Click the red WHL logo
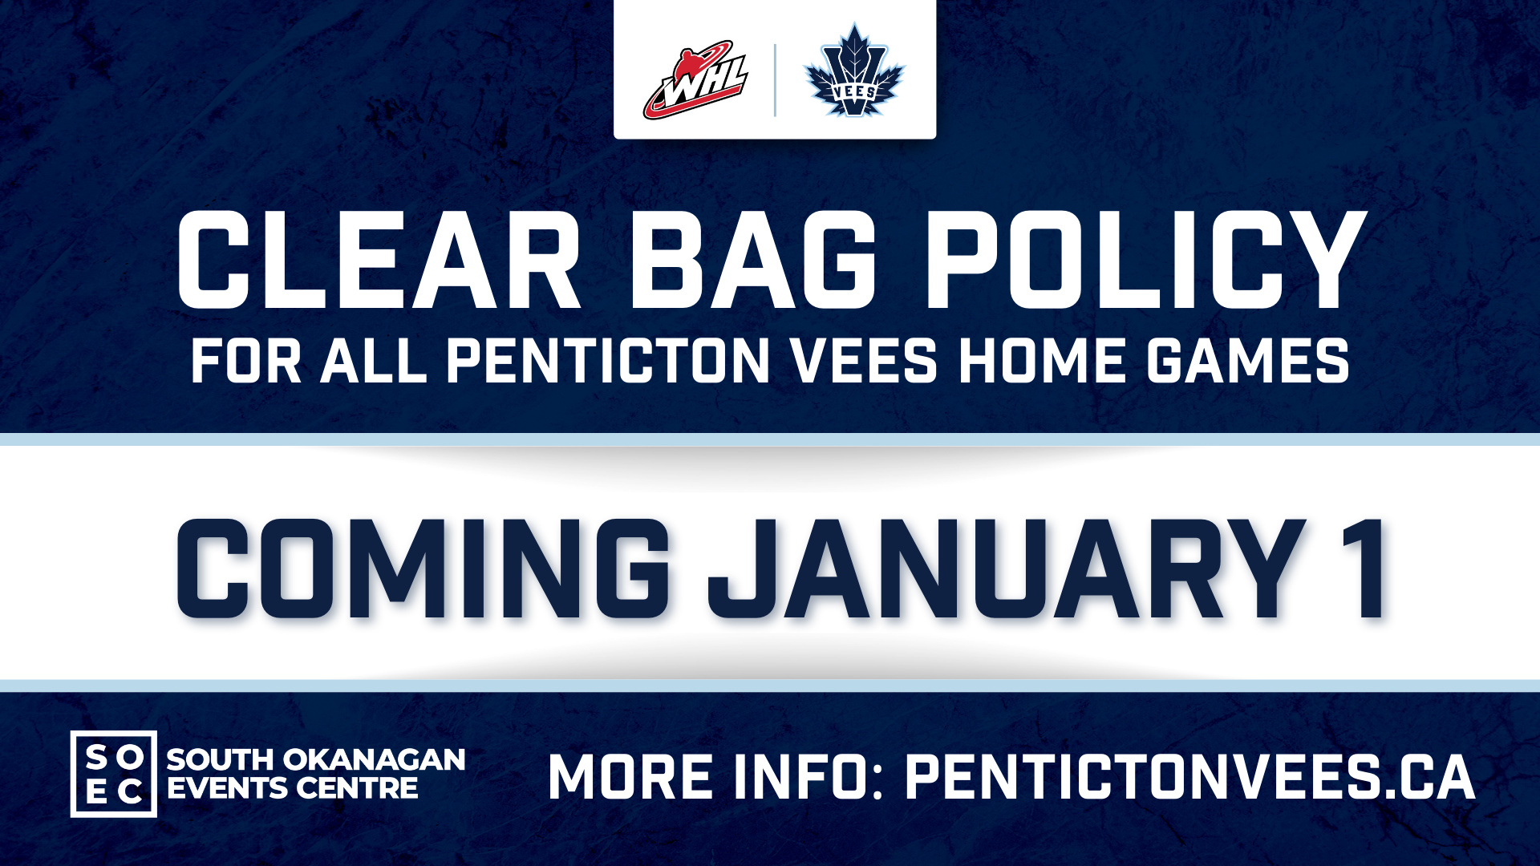[x=695, y=80]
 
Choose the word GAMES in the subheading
[x=1247, y=361]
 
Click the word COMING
[x=423, y=569]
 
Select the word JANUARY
[x=1007, y=569]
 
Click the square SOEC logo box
[x=114, y=774]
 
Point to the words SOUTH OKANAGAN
[x=316, y=759]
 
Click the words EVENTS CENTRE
[x=293, y=788]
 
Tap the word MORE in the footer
[x=631, y=778]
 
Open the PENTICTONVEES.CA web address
[x=1190, y=778]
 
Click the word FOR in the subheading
[x=246, y=361]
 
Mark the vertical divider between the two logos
[x=775, y=80]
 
